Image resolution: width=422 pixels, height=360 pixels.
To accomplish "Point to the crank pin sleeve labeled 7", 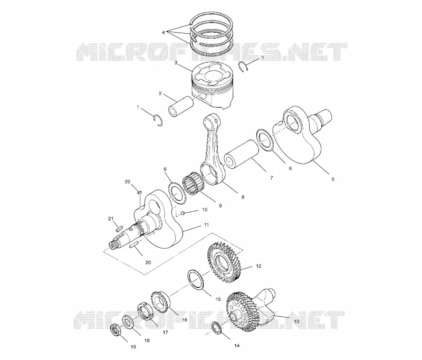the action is (242, 155).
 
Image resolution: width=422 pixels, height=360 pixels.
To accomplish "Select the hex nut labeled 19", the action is (116, 331).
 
